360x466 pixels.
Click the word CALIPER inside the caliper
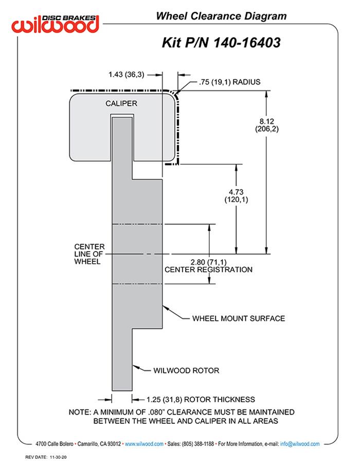coord(121,103)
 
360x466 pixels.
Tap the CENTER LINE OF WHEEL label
coord(89,254)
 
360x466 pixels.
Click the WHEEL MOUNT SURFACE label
coord(238,318)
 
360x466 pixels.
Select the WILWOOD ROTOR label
coord(186,370)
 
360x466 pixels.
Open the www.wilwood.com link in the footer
coord(144,443)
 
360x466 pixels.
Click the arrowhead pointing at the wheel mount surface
coord(165,308)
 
